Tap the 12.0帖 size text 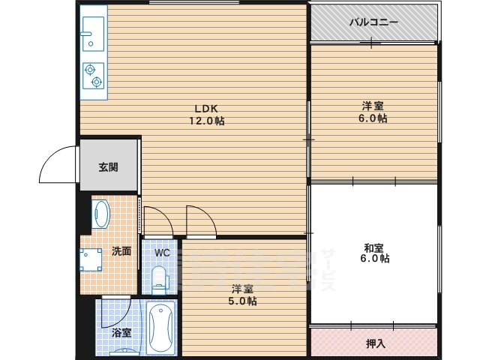tap(208, 120)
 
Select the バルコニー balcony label tap(373, 22)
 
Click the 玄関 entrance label tap(108, 168)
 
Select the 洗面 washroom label tap(121, 251)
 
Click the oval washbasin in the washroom tap(101, 214)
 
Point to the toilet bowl tap(159, 280)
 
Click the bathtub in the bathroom tap(162, 328)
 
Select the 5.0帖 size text tap(243, 301)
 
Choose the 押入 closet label tap(376, 343)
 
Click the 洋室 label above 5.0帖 tap(241, 289)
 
